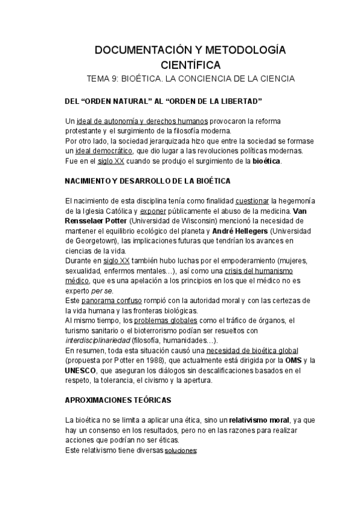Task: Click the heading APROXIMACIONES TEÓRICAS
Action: tap(118, 399)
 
